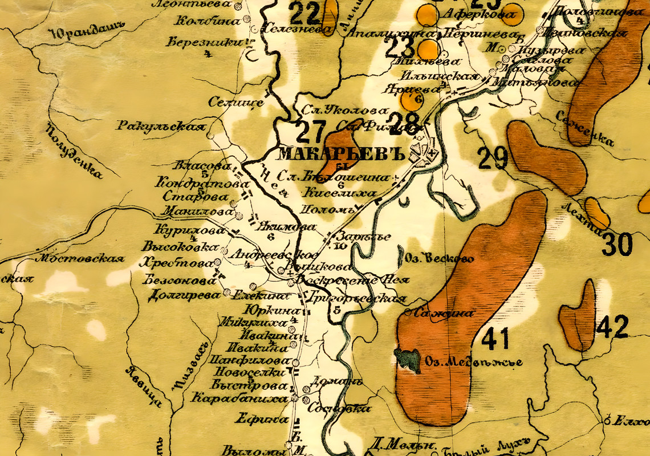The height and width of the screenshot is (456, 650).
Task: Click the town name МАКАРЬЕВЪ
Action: click(x=342, y=154)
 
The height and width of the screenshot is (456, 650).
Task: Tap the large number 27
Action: click(x=311, y=132)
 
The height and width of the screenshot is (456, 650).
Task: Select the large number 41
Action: click(x=495, y=340)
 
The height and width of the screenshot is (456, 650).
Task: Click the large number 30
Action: click(x=617, y=245)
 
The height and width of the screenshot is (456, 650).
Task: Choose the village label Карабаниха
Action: click(x=239, y=398)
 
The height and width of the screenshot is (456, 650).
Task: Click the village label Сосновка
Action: click(x=339, y=409)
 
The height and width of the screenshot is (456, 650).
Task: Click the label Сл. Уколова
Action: click(x=345, y=111)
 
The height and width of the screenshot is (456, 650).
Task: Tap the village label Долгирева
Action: click(x=183, y=295)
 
